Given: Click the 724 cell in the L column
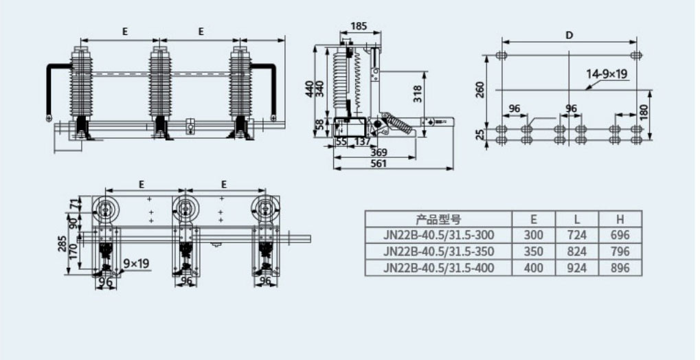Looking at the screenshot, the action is (x=577, y=235).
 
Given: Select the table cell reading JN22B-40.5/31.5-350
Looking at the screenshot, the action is (x=438, y=251).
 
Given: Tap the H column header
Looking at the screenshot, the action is (x=620, y=219).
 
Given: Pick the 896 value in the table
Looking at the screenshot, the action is (x=620, y=268).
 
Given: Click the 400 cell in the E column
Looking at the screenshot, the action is (x=534, y=268).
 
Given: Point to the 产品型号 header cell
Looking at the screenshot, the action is (x=438, y=219).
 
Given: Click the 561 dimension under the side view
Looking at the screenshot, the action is (x=379, y=164).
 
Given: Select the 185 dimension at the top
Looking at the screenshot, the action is (x=359, y=26).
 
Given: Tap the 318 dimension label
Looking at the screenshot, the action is (x=418, y=95).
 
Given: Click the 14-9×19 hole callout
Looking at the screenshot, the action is (x=607, y=74).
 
